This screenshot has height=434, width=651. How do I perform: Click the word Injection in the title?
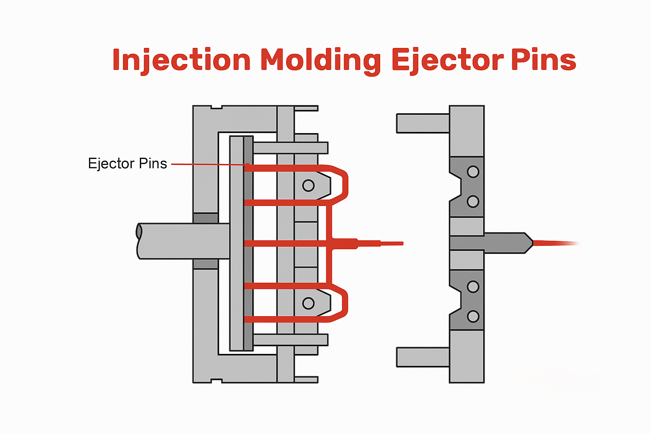[181, 60]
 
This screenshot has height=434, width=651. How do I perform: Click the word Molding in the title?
[320, 60]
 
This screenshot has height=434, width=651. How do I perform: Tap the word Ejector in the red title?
[447, 60]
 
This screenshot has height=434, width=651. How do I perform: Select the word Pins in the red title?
[543, 60]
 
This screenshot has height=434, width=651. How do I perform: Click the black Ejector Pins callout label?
[127, 164]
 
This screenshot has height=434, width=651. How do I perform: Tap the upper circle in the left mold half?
[308, 185]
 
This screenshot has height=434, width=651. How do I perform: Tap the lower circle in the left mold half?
[308, 303]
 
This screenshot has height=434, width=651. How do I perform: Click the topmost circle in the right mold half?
[473, 172]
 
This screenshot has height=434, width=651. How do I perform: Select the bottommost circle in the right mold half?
[473, 316]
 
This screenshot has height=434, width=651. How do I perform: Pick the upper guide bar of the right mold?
[423, 123]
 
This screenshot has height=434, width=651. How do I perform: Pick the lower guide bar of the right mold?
[423, 357]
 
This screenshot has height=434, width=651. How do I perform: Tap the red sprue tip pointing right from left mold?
[390, 243]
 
